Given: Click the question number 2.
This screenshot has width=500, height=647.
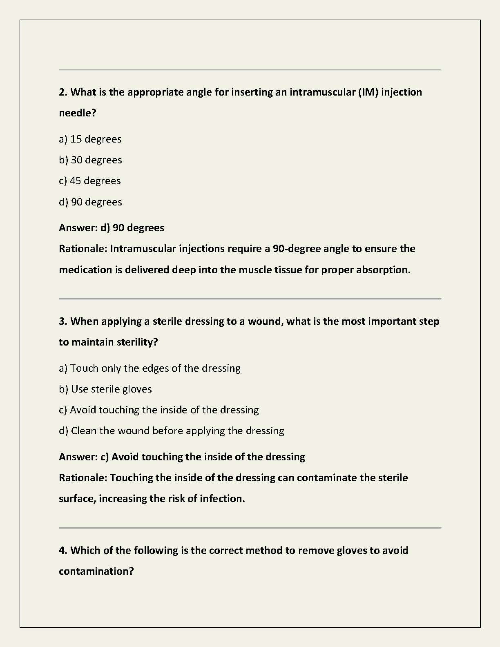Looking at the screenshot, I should tap(62, 92).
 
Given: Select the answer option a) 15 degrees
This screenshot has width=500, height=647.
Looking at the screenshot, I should tap(90, 139).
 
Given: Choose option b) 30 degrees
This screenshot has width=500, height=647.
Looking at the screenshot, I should tap(90, 160).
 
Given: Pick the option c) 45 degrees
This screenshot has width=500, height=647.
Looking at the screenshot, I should tap(90, 181).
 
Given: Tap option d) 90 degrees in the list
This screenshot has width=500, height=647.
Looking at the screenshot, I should tap(90, 202).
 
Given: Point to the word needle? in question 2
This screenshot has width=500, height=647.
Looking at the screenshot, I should tap(78, 113).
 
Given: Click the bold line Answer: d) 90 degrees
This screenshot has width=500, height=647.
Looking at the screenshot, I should tap(112, 228).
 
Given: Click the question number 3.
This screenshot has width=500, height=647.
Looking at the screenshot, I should tap(62, 321).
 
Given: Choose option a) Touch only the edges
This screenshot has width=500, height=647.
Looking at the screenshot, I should tap(150, 368).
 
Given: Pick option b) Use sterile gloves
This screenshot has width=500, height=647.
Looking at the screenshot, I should tap(105, 389).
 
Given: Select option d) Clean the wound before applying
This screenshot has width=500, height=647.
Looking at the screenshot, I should tap(172, 431).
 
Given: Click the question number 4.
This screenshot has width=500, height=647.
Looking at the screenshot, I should tap(62, 551).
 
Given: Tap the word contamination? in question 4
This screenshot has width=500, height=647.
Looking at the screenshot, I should tap(96, 571).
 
